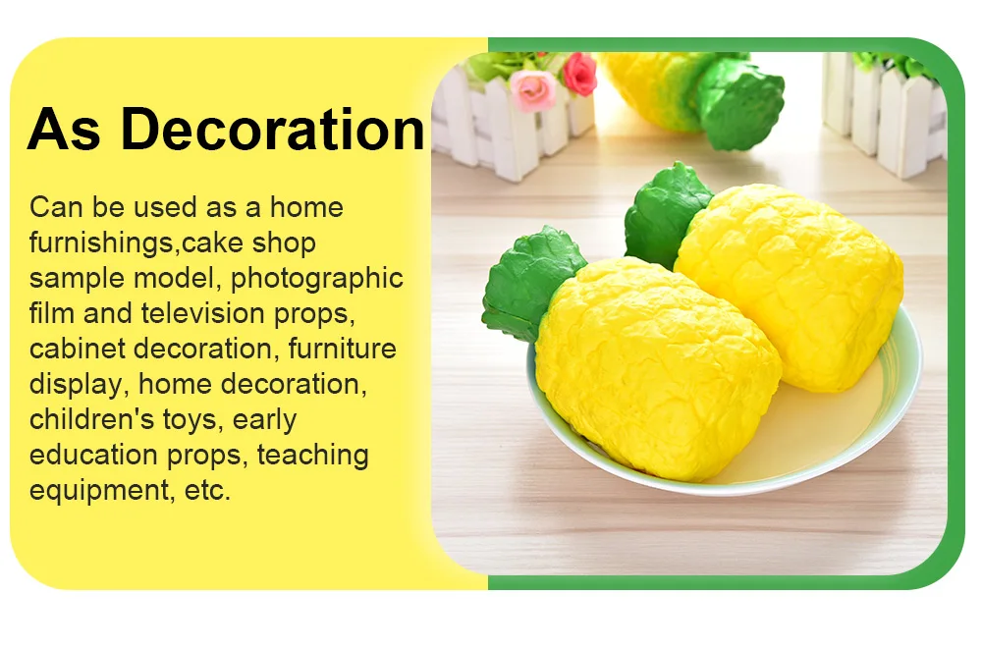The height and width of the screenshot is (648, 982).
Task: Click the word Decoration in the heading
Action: [x=273, y=130]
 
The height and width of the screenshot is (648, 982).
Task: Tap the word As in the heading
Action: [x=63, y=130]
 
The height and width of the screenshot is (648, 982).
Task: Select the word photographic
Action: [x=317, y=279]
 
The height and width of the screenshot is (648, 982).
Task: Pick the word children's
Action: [x=91, y=419]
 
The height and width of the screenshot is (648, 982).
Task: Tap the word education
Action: [x=92, y=455]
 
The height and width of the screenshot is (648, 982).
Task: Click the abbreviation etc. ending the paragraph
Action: [x=207, y=491]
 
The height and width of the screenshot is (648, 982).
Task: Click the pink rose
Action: [x=533, y=90]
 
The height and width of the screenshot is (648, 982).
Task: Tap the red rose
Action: [x=579, y=74]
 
